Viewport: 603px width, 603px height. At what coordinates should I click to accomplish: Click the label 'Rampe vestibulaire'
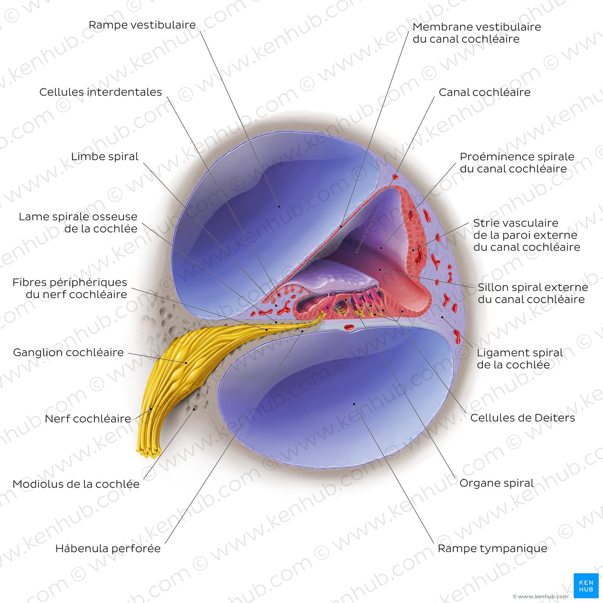(142, 25)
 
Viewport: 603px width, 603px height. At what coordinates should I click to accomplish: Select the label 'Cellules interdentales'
(100, 92)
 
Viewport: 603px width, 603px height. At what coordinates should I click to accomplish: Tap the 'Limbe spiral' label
(105, 157)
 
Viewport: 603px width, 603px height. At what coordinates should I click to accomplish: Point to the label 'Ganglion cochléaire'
(68, 353)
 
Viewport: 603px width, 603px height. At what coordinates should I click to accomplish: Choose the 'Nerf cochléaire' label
(88, 419)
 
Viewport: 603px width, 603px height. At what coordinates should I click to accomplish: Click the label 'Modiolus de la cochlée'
(76, 484)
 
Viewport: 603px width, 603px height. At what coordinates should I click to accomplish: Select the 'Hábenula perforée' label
(108, 549)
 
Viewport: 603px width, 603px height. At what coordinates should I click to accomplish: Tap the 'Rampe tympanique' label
(492, 549)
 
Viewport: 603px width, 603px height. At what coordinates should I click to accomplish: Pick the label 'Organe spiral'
(497, 483)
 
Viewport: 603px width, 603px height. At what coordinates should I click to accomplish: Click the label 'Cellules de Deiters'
(522, 418)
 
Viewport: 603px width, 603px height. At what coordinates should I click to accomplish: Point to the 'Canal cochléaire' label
(485, 92)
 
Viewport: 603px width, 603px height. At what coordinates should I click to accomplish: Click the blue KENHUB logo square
(586, 586)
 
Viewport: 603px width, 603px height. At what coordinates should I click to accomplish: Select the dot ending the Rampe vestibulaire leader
(279, 206)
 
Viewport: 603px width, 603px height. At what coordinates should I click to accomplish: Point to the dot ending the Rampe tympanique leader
(354, 404)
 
